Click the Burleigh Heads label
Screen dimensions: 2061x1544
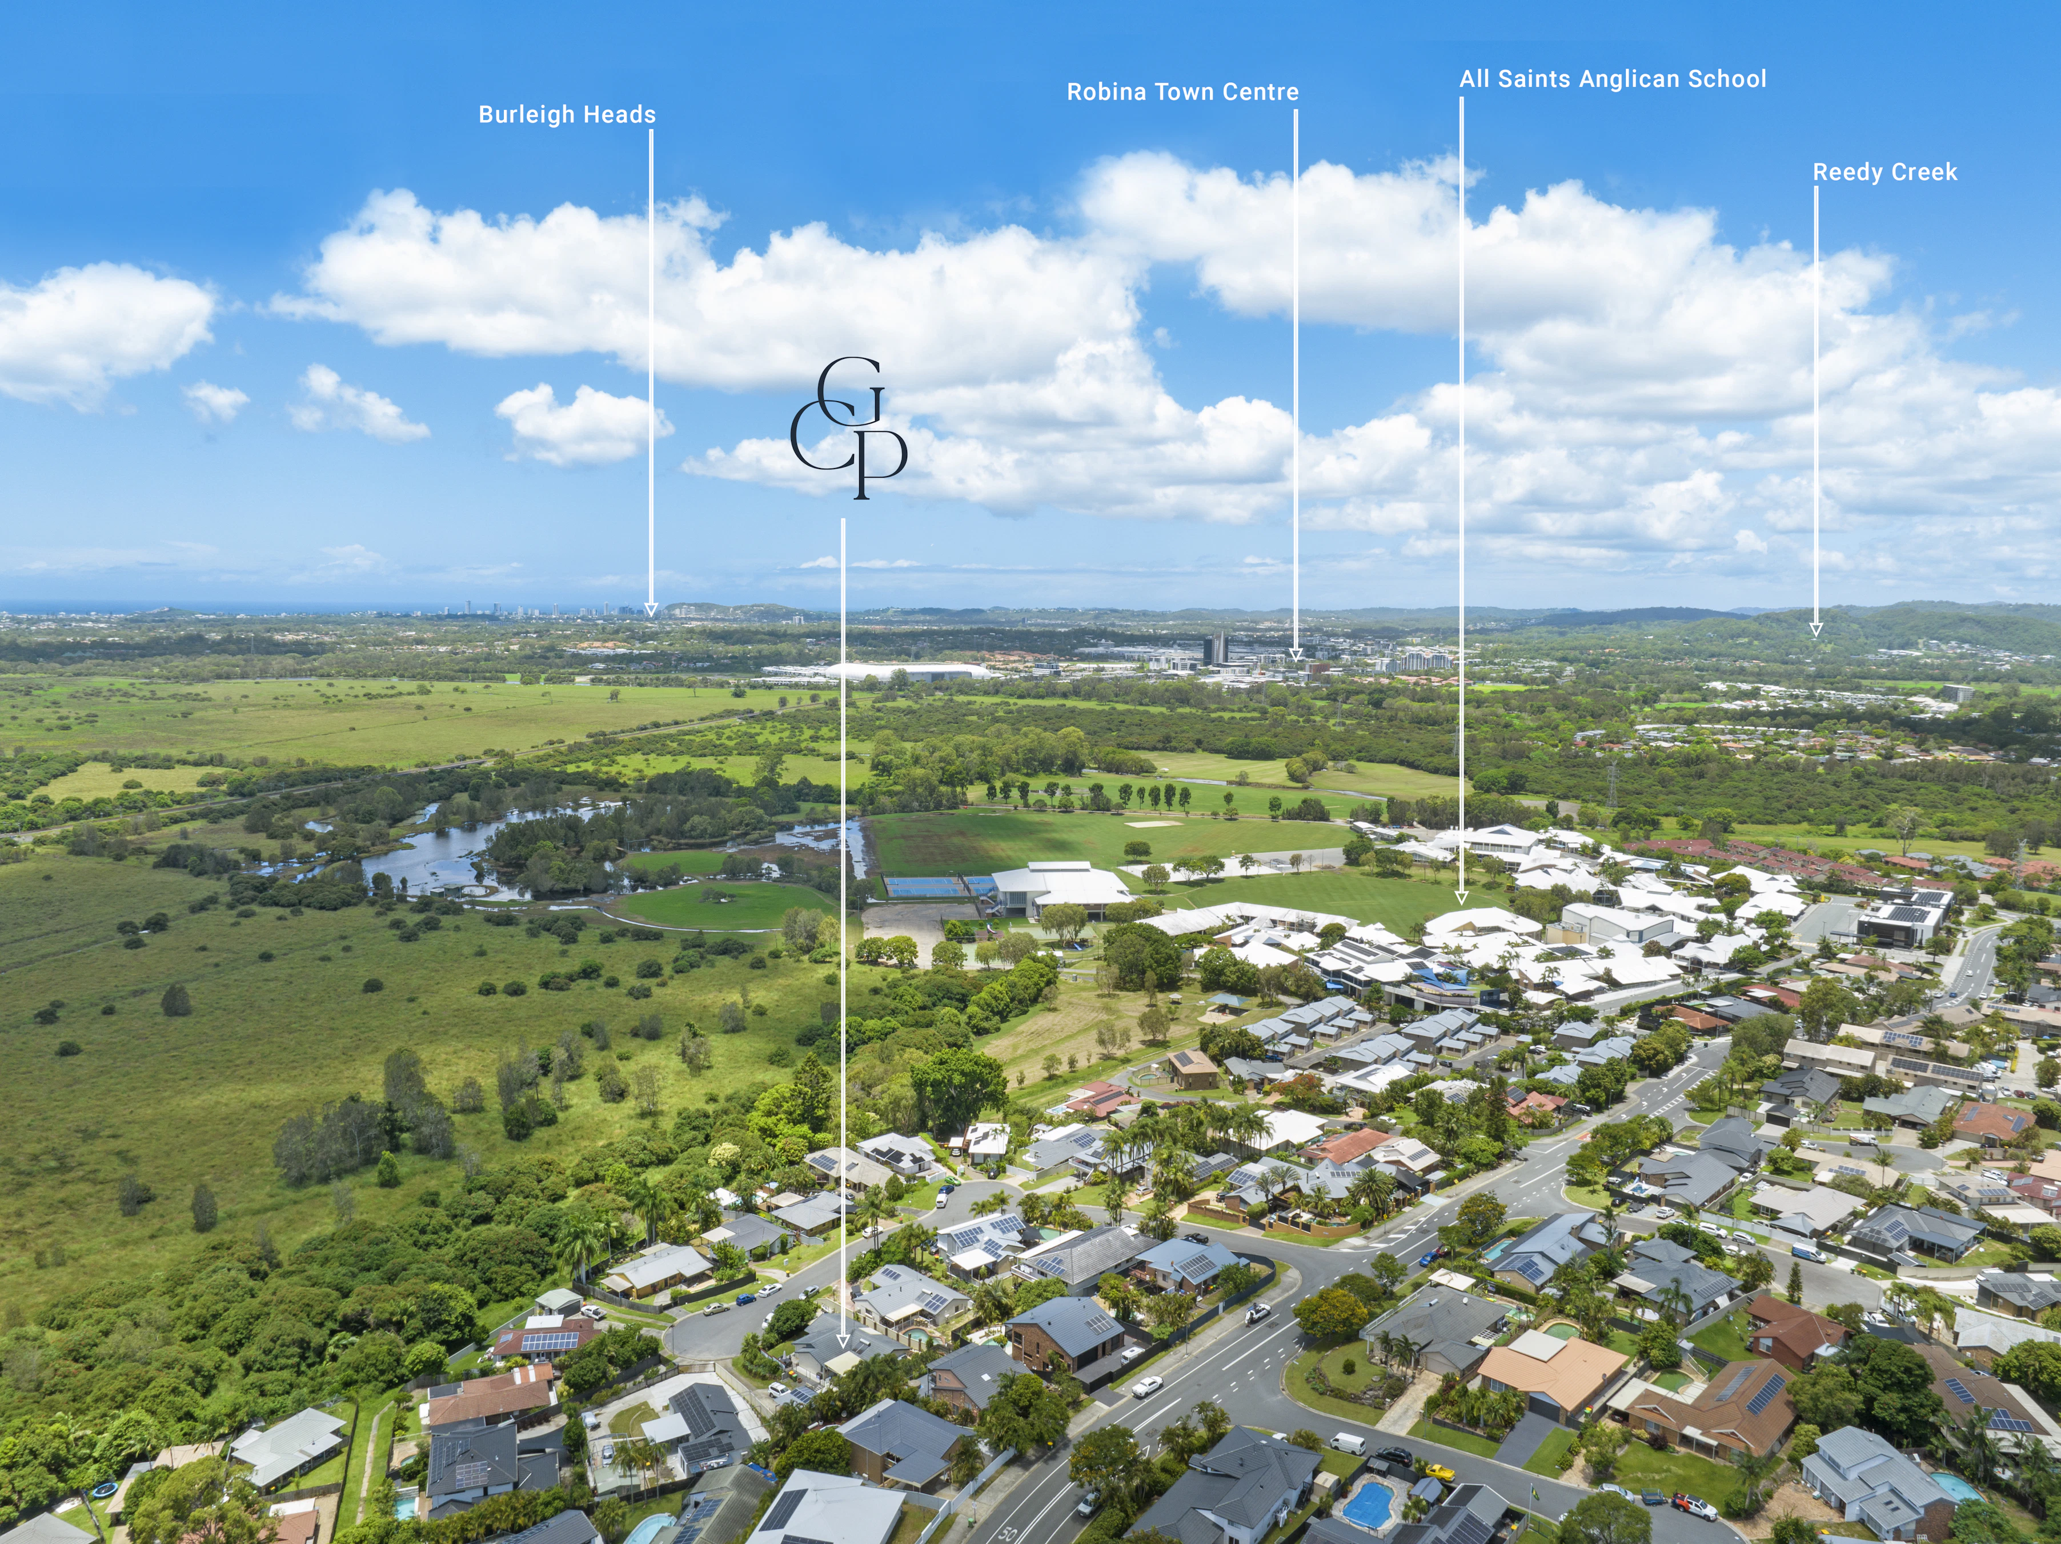(x=567, y=115)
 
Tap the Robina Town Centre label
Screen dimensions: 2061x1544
(x=1182, y=91)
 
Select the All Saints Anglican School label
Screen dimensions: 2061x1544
(x=1613, y=79)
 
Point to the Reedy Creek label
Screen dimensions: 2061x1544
(x=1885, y=173)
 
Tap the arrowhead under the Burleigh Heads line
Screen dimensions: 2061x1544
(x=651, y=609)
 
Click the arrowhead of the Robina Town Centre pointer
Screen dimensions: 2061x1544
(x=1295, y=655)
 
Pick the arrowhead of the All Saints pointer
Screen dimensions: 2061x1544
(x=1461, y=897)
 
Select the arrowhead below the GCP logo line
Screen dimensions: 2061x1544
(x=843, y=1341)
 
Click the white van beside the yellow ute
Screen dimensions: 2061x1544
(x=1348, y=1445)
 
